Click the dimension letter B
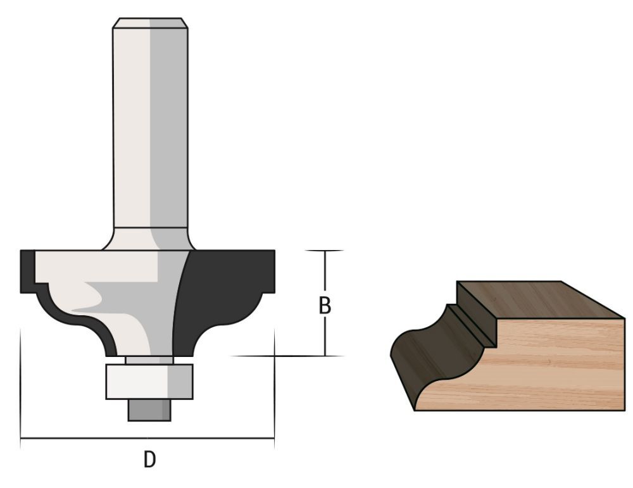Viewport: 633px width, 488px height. pyautogui.click(x=324, y=306)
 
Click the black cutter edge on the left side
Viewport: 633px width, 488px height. pyautogui.click(x=28, y=272)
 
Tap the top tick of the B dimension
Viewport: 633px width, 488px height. pyautogui.click(x=325, y=251)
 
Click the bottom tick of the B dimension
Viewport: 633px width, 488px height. pyautogui.click(x=325, y=356)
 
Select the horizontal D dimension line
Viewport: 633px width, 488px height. pyautogui.click(x=147, y=438)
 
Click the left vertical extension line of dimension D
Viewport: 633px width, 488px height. pyautogui.click(x=21, y=386)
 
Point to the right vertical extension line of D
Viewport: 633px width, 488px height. pyautogui.click(x=274, y=386)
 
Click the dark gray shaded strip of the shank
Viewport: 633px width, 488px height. pyautogui.click(x=169, y=127)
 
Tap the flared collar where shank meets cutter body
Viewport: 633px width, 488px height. pyautogui.click(x=151, y=239)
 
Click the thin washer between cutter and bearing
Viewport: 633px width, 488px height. pyautogui.click(x=148, y=360)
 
